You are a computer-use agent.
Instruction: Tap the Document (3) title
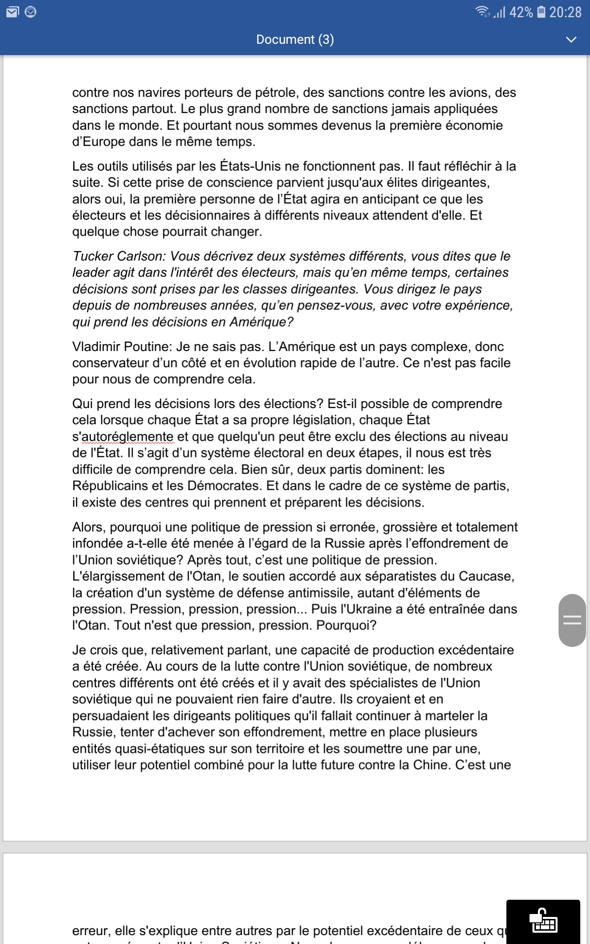coord(295,39)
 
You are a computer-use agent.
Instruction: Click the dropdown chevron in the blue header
coord(571,39)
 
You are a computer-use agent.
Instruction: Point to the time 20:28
coord(565,12)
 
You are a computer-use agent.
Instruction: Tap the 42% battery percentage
coord(521,12)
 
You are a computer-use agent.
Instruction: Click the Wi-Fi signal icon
coord(482,12)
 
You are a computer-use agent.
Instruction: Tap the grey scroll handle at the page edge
coord(572,620)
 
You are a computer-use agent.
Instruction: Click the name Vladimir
coord(96,347)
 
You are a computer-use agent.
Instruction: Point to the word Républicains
coord(110,486)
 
